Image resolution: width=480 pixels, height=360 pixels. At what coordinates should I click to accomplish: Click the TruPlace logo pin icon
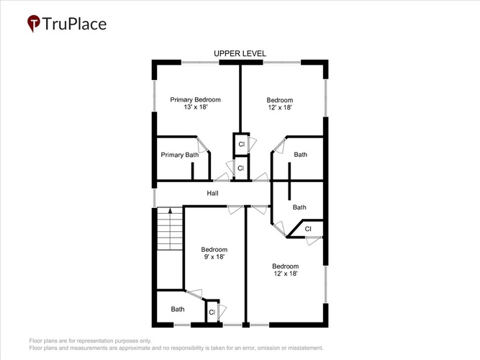[33, 23]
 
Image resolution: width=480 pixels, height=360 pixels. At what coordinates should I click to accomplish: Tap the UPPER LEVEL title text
[240, 53]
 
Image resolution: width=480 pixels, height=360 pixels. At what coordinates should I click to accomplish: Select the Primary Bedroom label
[195, 99]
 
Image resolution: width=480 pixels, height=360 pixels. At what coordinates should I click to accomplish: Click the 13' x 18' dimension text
[196, 107]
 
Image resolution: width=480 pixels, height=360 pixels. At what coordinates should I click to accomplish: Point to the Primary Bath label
[180, 155]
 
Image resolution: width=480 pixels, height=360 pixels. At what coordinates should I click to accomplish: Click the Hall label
[212, 193]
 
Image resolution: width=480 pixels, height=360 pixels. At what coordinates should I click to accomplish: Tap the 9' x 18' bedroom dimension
[214, 257]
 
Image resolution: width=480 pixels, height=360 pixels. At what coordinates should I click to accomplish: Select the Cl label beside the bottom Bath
[212, 312]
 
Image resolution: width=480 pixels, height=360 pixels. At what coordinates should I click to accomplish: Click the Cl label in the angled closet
[308, 229]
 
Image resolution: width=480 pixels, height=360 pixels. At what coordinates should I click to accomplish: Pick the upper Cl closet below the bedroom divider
[242, 144]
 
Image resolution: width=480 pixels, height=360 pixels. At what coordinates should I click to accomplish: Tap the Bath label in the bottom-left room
[178, 309]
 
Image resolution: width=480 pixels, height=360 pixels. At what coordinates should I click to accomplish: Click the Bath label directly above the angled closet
[299, 207]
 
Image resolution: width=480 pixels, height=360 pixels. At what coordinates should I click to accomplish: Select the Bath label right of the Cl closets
[300, 154]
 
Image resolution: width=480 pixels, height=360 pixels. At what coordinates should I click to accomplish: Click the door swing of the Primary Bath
[201, 145]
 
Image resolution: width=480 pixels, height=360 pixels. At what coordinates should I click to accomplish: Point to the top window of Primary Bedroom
[200, 62]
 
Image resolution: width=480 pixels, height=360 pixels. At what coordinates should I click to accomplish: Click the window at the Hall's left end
[154, 197]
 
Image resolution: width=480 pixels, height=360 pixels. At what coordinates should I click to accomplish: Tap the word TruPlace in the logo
[74, 24]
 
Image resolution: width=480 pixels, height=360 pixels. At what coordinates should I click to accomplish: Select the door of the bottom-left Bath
[194, 293]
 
